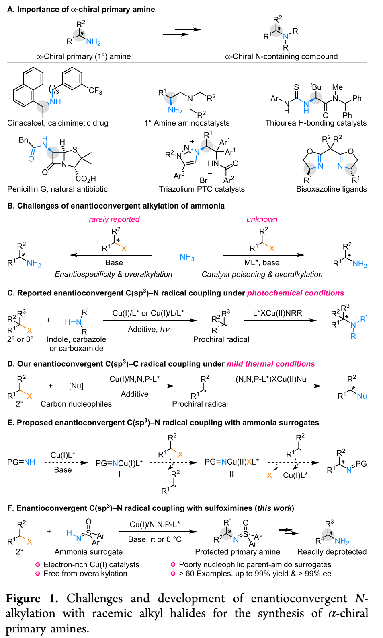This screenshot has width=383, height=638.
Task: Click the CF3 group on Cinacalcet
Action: tap(95, 91)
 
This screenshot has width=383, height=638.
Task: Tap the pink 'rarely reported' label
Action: tap(114, 219)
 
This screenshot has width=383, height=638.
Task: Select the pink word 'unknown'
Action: tap(262, 219)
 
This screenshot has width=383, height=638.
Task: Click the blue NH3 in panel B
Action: tap(187, 257)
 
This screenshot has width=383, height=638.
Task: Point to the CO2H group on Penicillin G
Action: tap(85, 179)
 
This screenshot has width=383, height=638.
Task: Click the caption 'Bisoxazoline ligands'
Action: tap(331, 189)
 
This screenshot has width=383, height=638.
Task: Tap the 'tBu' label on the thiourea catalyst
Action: tap(316, 87)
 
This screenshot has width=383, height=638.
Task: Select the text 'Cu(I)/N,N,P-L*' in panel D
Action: tap(135, 379)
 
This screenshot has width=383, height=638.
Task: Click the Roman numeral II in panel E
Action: tap(231, 474)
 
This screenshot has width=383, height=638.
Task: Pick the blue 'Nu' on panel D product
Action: tap(362, 396)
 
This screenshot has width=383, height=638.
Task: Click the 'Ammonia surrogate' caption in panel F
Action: tap(88, 552)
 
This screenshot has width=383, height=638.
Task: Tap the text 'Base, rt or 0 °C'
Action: tap(155, 539)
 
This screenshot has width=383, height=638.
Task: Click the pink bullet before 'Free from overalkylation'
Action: tap(37, 574)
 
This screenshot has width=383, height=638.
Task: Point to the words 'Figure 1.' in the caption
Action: tap(32, 599)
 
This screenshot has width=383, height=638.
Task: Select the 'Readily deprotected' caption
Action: tap(332, 552)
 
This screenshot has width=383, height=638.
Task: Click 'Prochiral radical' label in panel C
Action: tap(221, 339)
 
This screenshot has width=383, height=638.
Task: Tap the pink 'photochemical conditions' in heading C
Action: tap(295, 293)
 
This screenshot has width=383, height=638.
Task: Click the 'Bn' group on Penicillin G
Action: tap(24, 140)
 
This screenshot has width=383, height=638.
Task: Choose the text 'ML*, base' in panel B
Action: tap(262, 263)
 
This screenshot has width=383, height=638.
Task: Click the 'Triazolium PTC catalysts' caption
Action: tap(201, 189)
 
